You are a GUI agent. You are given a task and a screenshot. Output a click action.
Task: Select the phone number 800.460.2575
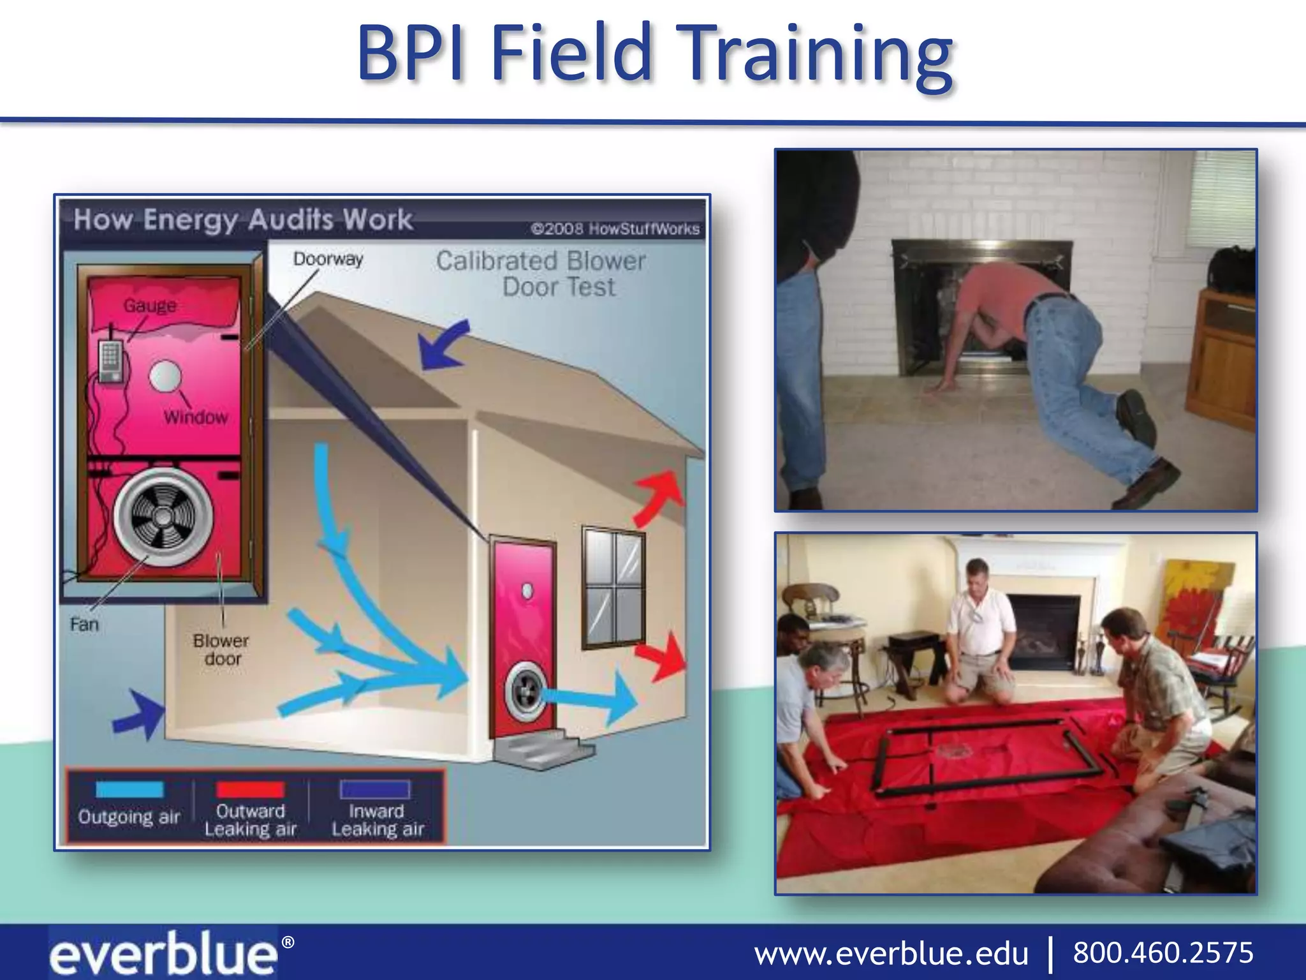(x=1163, y=953)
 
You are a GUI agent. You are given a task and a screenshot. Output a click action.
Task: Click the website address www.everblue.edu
(x=891, y=954)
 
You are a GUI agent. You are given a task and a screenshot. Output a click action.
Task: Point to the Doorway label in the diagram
(x=328, y=259)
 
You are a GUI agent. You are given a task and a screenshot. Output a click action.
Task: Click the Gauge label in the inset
(x=150, y=306)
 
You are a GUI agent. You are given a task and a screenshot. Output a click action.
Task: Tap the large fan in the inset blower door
(x=163, y=516)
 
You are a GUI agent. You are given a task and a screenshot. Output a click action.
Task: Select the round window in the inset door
(x=166, y=376)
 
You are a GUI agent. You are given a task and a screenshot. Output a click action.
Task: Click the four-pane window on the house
(x=613, y=587)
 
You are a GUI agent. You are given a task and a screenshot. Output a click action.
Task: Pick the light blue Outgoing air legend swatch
(x=129, y=789)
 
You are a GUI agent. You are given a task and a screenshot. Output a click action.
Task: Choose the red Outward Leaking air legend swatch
(x=250, y=789)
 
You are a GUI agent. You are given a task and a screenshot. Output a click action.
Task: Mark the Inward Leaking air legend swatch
(x=375, y=789)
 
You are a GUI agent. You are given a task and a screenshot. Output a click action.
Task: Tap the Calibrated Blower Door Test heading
(x=541, y=274)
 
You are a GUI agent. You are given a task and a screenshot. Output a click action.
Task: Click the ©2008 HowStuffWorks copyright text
(x=615, y=229)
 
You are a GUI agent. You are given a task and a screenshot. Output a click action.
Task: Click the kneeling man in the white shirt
(x=979, y=628)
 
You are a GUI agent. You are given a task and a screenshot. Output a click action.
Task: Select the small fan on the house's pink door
(x=525, y=692)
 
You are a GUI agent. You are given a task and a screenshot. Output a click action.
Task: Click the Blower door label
(x=221, y=650)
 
